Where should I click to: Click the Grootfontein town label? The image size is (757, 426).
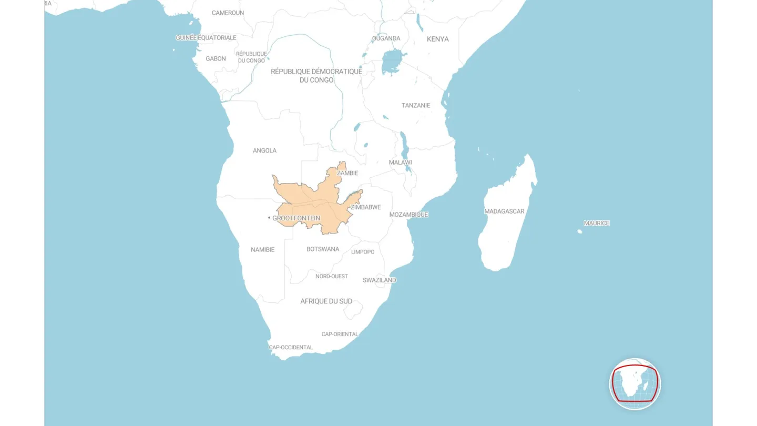[296, 218]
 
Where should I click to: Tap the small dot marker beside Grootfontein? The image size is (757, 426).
[269, 218]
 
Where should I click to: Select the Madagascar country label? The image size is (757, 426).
[504, 211]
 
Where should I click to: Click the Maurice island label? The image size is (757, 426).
[597, 223]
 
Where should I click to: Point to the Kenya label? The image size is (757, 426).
[437, 39]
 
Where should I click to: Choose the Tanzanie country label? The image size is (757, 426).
[416, 105]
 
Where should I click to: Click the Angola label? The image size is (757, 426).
[264, 150]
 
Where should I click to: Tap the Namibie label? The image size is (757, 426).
[262, 249]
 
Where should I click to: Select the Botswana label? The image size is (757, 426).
[323, 249]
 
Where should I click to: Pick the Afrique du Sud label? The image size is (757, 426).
[326, 301]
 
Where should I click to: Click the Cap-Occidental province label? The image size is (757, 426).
[291, 347]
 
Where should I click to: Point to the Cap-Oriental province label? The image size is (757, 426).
[340, 334]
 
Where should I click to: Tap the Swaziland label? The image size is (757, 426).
[379, 280]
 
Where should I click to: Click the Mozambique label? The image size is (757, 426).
[408, 215]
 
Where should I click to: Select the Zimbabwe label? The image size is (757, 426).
[366, 207]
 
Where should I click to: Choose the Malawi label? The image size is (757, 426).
[400, 163]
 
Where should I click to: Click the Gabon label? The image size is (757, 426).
[216, 58]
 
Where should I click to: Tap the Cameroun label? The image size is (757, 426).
[228, 13]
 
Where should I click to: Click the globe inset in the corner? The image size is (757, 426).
[635, 384]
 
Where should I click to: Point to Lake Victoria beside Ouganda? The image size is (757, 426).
[391, 63]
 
